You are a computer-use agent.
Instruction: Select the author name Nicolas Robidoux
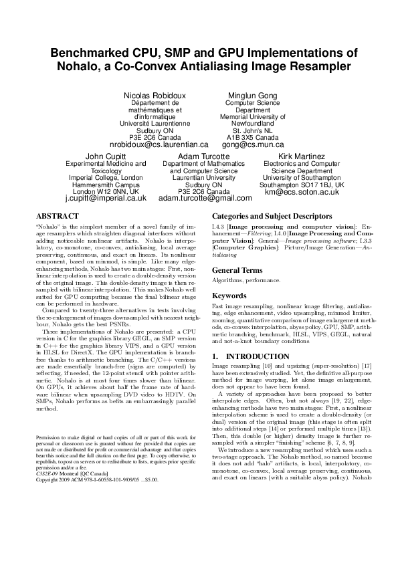pyautogui.click(x=159, y=96)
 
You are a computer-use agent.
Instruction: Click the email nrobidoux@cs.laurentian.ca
pyautogui.click(x=159, y=144)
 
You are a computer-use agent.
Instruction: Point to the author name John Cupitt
pyautogui.click(x=106, y=155)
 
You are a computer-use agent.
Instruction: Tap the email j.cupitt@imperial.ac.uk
pyautogui.click(x=106, y=198)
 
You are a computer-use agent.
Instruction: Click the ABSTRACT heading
pyautogui.click(x=57, y=217)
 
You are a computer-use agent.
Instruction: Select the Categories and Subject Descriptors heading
pyautogui.click(x=272, y=217)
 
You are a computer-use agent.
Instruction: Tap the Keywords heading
pyautogui.click(x=229, y=296)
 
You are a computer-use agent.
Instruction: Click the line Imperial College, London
pyautogui.click(x=106, y=177)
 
